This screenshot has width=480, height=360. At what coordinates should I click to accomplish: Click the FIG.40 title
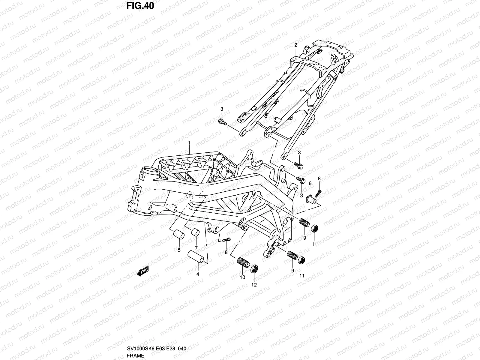coord(140,6)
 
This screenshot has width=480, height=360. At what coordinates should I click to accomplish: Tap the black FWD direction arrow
coord(143,271)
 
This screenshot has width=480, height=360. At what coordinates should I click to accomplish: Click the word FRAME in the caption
coord(135,355)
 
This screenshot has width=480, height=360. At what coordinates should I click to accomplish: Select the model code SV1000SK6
coord(141,348)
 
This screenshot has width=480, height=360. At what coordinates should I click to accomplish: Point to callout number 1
coord(189,143)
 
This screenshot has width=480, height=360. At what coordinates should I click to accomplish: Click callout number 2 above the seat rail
coord(296,45)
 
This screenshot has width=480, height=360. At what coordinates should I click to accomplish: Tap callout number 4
coord(198,274)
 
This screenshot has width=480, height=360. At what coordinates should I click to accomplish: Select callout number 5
coord(179,250)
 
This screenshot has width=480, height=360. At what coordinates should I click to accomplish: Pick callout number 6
coord(310,183)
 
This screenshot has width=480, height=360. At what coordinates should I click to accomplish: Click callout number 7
coord(196,248)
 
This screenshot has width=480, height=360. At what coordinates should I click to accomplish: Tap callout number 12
coord(254,285)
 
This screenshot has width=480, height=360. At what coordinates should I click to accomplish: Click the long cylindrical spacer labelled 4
coord(196,257)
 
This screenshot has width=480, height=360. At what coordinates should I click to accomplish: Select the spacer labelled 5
coord(179,235)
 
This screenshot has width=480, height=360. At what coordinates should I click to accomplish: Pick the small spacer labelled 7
coord(195,232)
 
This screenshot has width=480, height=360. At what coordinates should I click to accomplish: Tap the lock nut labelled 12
coord(254,268)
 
